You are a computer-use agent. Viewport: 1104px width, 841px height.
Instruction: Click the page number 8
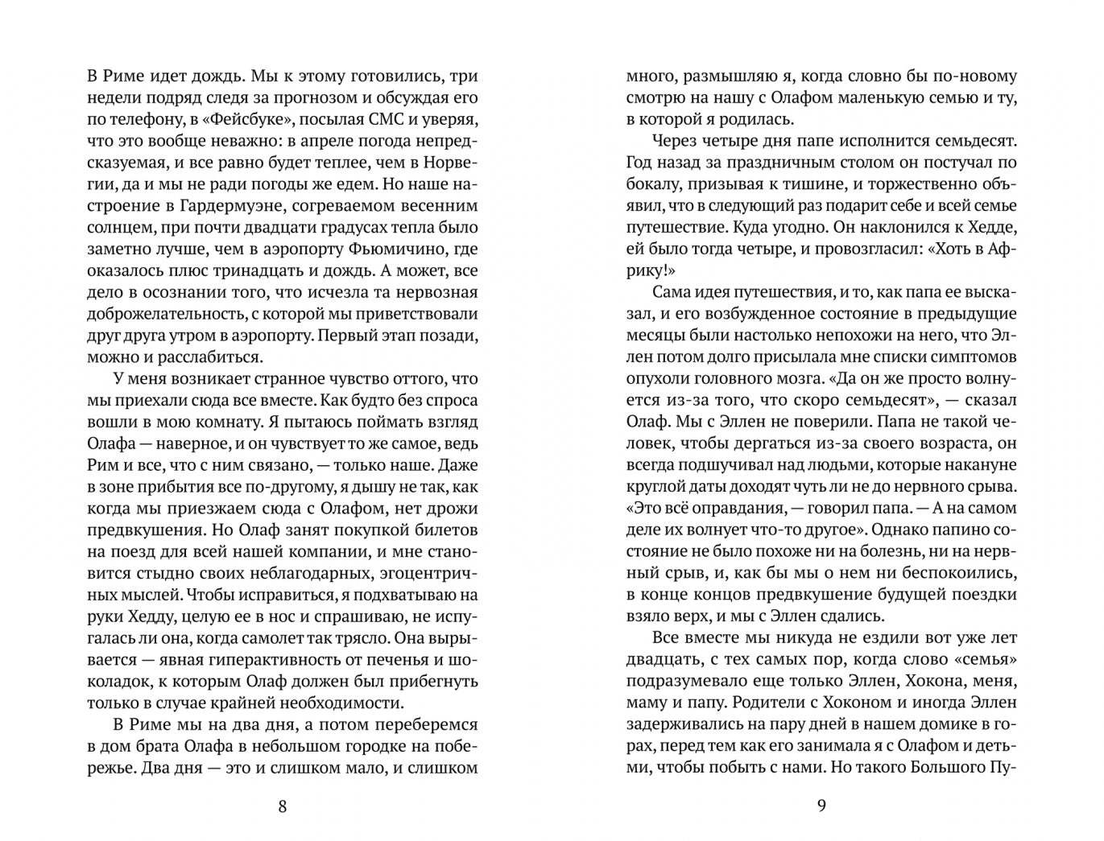282,806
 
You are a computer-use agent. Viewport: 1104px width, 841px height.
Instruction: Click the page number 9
821,806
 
